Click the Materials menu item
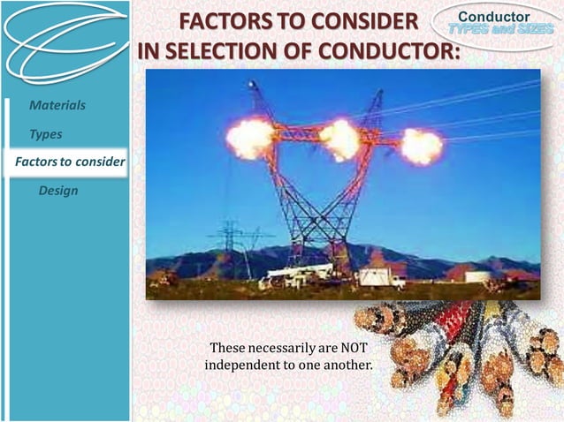click(x=57, y=105)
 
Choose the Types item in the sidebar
click(x=45, y=134)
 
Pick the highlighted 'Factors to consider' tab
click(x=69, y=162)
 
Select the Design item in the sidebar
click(x=58, y=191)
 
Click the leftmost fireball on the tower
click(x=250, y=138)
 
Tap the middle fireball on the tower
click(x=340, y=139)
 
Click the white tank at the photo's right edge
click(x=478, y=276)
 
